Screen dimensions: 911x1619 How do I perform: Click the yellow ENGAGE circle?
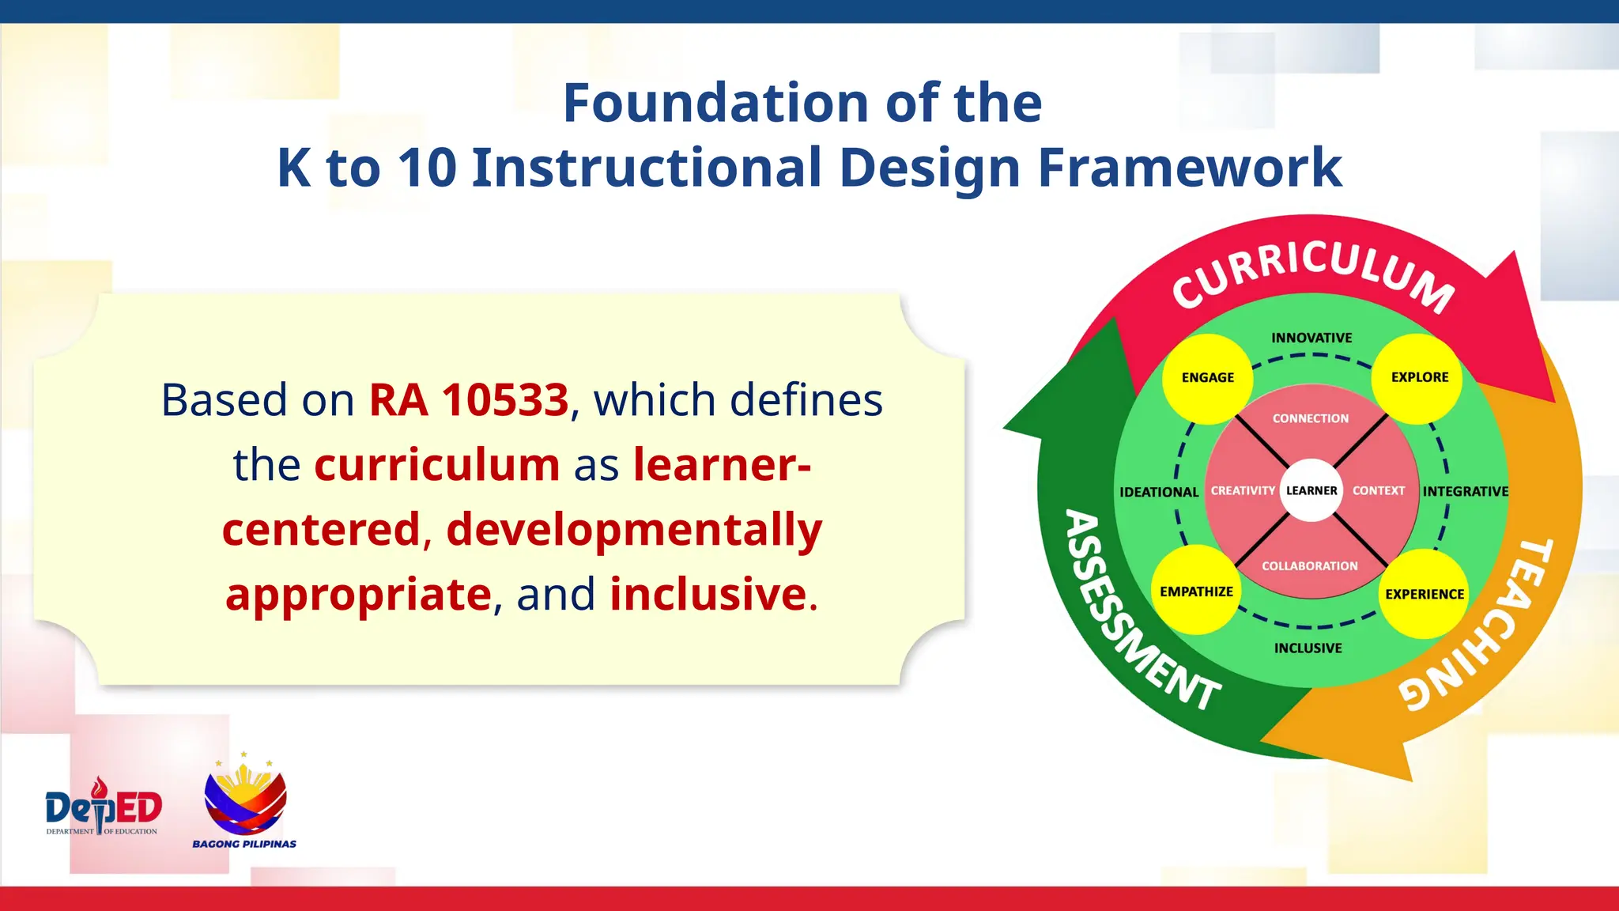(1207, 378)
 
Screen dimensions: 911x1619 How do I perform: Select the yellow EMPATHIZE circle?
(1196, 591)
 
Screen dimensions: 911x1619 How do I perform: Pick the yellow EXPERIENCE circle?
(1424, 594)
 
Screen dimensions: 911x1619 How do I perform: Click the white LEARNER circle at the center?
(1311, 490)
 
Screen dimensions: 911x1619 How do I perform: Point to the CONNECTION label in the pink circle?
(1310, 418)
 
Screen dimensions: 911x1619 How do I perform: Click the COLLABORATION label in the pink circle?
(1309, 566)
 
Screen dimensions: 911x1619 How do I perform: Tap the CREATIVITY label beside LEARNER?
(1243, 491)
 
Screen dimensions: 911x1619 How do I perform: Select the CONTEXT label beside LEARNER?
(1379, 491)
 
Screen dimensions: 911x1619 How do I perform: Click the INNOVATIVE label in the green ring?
(1311, 338)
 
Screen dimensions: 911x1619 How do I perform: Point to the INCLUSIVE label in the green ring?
(1308, 648)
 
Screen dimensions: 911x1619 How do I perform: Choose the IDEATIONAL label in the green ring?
(1159, 492)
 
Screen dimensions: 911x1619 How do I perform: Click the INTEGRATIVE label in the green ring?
(1465, 491)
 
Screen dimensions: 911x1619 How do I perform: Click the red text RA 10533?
(469, 400)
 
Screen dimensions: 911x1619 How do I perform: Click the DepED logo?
(103, 807)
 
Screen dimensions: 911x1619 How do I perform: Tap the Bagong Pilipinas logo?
(244, 803)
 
